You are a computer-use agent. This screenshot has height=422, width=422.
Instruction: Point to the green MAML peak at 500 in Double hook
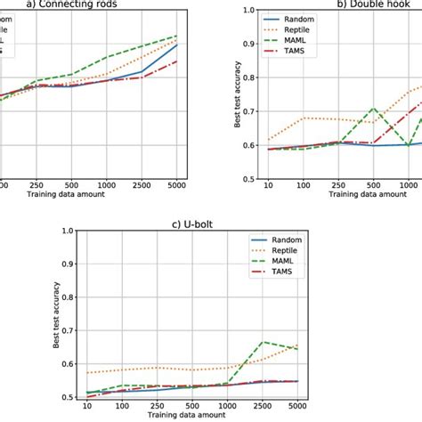[375, 108]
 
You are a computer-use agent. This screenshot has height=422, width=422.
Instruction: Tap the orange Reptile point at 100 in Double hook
[304, 118]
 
